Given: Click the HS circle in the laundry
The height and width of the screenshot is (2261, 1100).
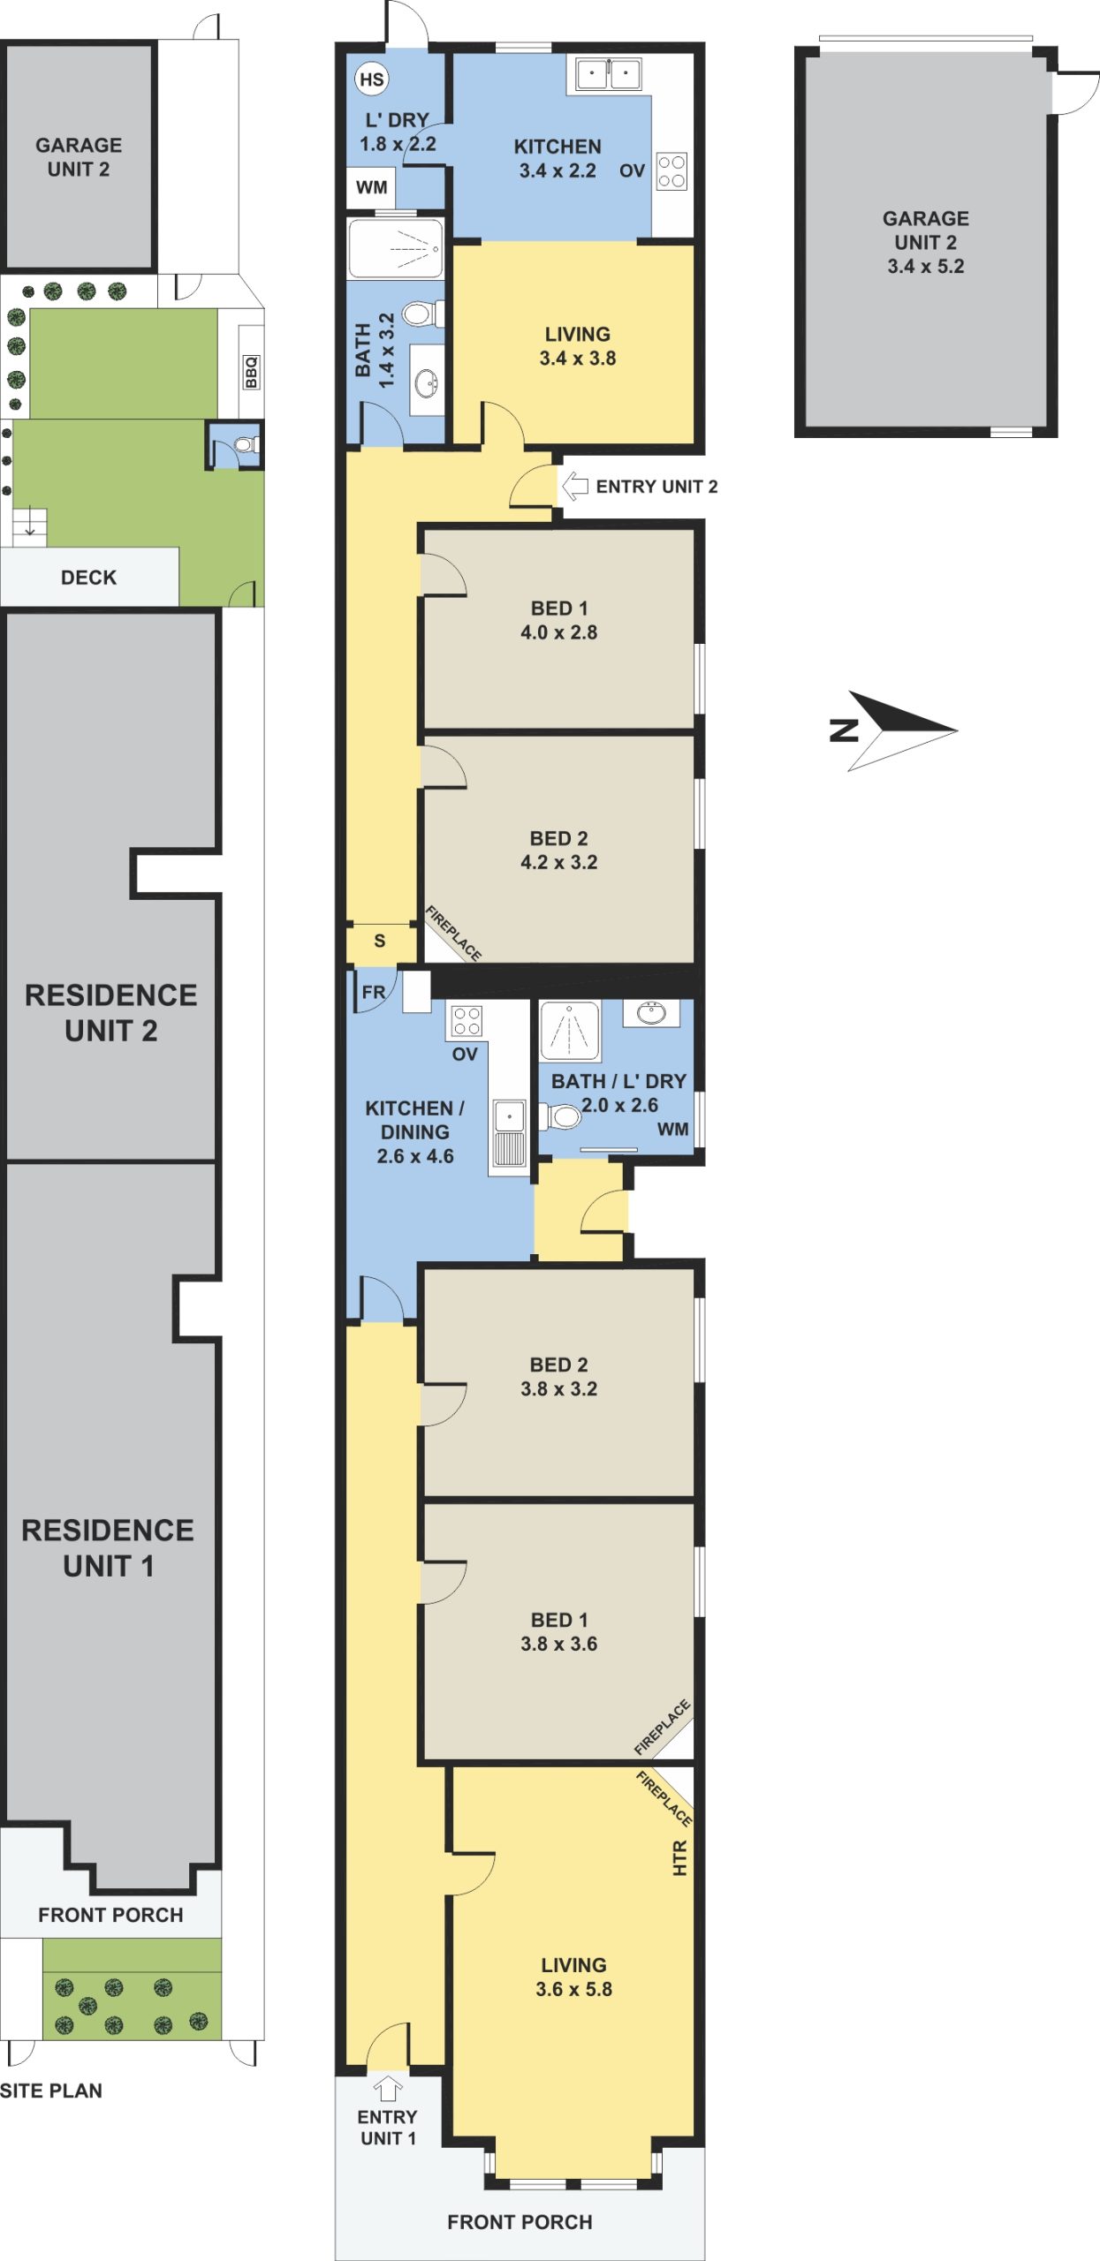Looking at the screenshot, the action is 372,79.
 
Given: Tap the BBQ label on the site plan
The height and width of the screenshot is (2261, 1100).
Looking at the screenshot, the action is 252,371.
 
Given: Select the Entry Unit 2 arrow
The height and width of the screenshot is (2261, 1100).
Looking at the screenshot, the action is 575,485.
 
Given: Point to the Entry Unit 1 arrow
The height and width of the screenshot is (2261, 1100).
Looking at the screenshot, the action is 388,2089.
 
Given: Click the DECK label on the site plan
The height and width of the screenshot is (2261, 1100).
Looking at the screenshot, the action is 88,578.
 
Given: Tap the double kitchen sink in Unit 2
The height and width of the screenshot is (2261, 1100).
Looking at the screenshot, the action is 609,73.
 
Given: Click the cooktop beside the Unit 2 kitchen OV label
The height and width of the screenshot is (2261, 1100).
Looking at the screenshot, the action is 672,171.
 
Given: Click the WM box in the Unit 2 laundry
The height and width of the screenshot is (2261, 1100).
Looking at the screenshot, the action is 371,187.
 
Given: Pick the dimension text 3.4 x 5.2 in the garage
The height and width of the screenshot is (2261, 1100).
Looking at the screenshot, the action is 926,266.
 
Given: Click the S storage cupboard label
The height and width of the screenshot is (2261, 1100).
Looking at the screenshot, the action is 380,941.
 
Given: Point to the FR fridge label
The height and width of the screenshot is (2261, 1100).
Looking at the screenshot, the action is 374,992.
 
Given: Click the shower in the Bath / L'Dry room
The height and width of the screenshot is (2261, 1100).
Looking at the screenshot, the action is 570,1031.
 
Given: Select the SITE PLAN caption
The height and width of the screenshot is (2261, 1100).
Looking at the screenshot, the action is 51,2091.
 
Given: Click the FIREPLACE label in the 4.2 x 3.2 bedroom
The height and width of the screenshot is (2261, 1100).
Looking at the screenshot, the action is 454,934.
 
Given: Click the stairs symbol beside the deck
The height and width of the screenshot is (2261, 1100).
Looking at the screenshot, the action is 29,527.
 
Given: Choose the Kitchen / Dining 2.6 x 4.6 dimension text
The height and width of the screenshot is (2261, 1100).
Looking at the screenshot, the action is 415,1156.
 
